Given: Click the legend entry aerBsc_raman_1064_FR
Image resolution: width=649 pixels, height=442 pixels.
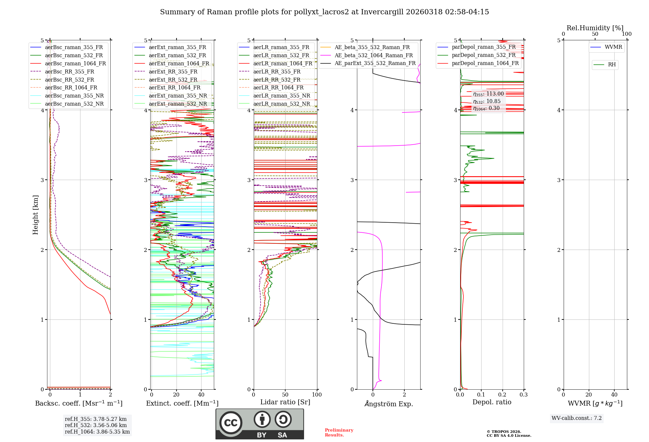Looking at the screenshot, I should click(75, 64).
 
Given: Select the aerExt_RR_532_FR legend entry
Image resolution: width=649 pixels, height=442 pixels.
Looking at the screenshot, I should click(173, 80).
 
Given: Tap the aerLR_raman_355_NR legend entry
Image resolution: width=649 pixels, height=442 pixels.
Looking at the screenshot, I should click(281, 96).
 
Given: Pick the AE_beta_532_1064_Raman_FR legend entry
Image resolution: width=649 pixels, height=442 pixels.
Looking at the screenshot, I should click(373, 56).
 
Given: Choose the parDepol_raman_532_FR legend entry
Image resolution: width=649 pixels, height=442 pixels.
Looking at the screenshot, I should click(484, 55).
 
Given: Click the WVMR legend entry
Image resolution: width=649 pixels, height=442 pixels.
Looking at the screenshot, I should click(613, 47).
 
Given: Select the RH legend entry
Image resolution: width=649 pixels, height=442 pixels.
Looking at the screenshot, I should click(612, 65).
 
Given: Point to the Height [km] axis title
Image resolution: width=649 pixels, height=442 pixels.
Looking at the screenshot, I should click(35, 215).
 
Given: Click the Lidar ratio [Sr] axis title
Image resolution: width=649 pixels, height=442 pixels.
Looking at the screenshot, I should click(285, 402).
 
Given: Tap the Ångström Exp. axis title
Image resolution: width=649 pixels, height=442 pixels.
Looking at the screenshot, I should click(388, 404).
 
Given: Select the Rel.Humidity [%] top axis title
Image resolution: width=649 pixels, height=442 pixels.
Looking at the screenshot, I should click(595, 28).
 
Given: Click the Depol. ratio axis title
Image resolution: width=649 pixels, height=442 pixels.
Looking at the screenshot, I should click(492, 402).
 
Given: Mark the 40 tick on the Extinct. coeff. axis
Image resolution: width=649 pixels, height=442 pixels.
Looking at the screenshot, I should click(201, 395).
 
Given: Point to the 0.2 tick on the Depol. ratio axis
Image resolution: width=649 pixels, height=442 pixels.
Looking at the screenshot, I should click(502, 395).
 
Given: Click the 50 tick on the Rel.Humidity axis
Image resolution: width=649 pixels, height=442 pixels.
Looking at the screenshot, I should click(595, 34).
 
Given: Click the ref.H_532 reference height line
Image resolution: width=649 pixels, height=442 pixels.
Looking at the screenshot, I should click(96, 425).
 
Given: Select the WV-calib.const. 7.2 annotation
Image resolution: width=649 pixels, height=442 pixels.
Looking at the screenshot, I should click(576, 418).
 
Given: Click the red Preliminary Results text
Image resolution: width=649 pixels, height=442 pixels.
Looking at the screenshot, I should click(339, 432).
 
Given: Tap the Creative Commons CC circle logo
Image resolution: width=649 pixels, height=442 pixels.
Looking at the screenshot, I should click(231, 423).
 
